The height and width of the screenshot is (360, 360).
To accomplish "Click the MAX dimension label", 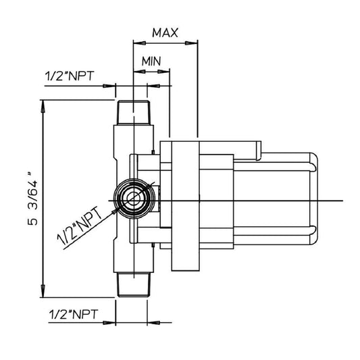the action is [165, 33].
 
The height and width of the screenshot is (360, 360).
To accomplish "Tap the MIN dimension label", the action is [151, 61].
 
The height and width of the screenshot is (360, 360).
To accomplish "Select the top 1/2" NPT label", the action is [70, 76].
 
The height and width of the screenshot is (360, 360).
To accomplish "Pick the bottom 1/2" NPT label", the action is [74, 314].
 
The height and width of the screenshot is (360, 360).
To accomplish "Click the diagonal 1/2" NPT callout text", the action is [80, 226].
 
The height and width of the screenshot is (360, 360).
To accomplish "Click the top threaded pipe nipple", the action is [134, 113].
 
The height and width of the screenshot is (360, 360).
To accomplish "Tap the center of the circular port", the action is [134, 199].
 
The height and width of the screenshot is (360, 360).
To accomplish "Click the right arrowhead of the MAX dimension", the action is [191, 43].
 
